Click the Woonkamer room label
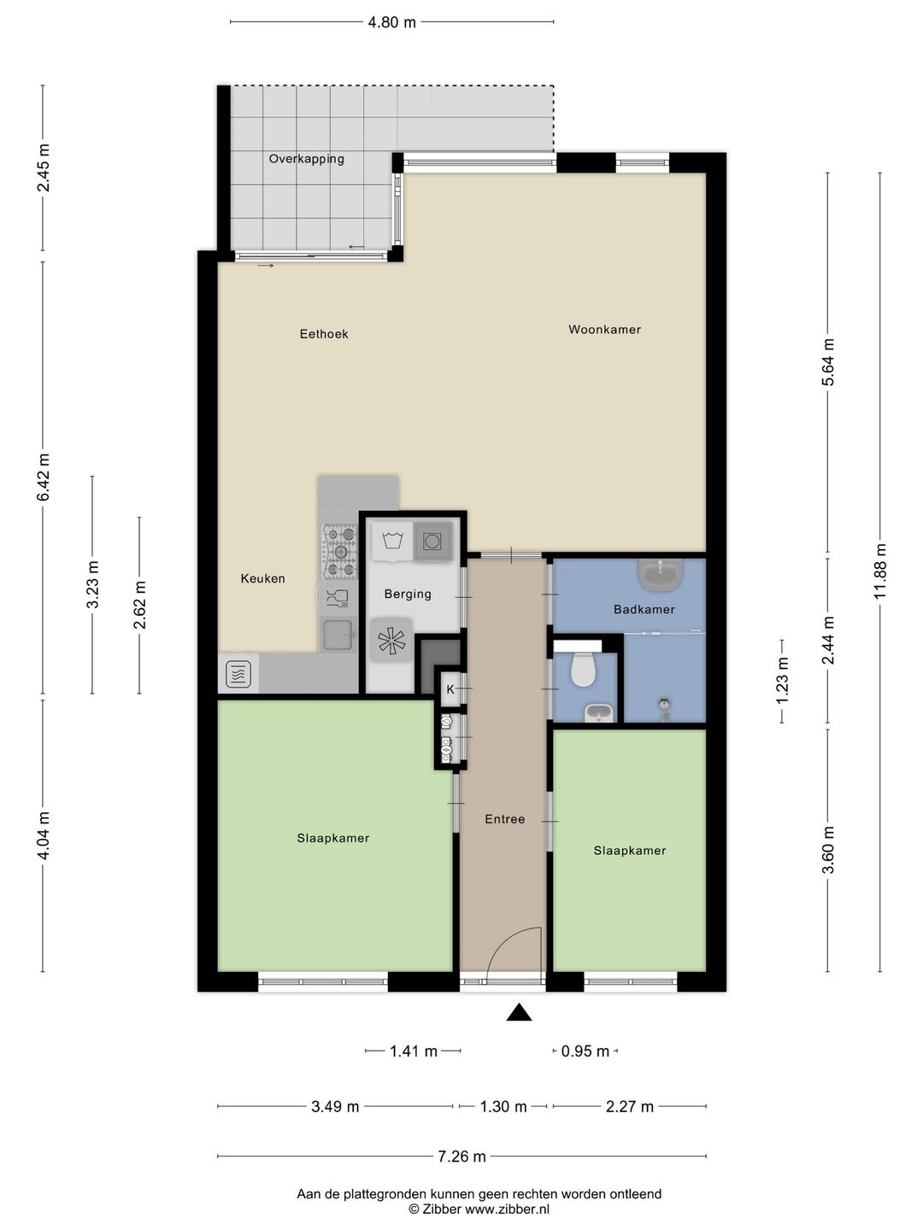(604, 330)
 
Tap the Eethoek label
(324, 334)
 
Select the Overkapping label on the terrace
(307, 159)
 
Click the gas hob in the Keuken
(339, 552)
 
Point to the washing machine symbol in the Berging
(392, 542)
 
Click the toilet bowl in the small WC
(582, 669)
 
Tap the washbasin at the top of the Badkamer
(660, 574)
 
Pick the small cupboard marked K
(450, 690)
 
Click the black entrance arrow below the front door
(519, 1012)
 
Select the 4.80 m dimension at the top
(391, 22)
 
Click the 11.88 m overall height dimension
(879, 571)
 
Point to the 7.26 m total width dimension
(461, 1156)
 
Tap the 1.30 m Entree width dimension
(503, 1107)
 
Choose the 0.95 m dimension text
(585, 1051)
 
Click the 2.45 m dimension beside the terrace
(43, 167)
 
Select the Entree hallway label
(505, 819)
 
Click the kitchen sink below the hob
(338, 633)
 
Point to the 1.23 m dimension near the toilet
(782, 680)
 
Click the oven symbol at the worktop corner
(238, 674)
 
